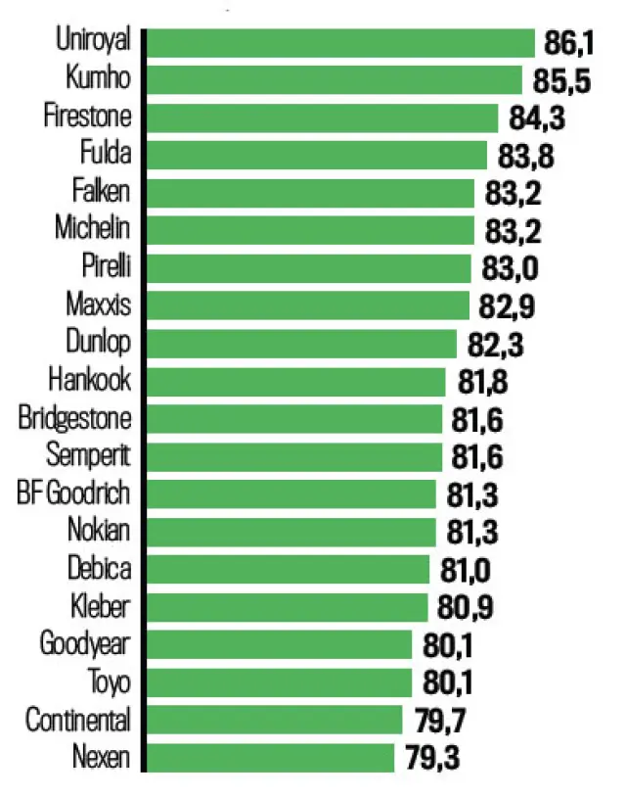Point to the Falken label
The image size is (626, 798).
pyautogui.click(x=102, y=192)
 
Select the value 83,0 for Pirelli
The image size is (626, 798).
pyautogui.click(x=513, y=268)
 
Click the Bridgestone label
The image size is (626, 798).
pyautogui.click(x=74, y=418)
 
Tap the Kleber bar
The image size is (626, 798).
pyautogui.click(x=288, y=607)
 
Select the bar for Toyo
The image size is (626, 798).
pyautogui.click(x=280, y=682)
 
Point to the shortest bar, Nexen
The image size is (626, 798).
pyautogui.click(x=271, y=758)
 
